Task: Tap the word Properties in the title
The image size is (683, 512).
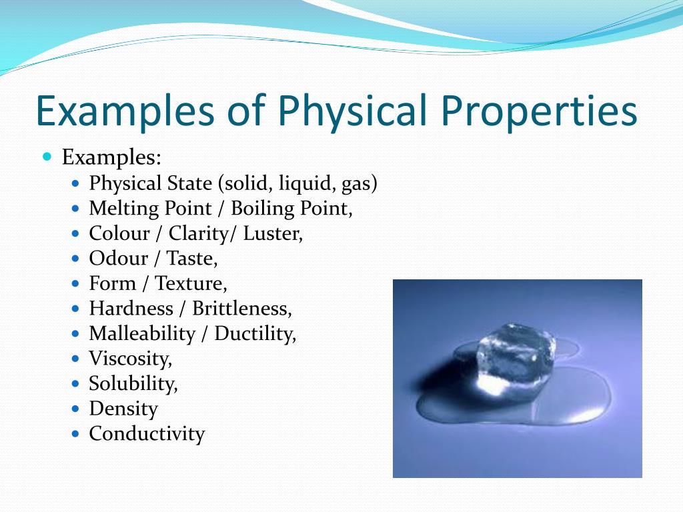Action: tap(539, 111)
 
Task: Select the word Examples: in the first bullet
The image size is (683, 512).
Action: tap(111, 157)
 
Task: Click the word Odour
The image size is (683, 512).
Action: tap(119, 258)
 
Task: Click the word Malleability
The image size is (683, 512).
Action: tap(143, 334)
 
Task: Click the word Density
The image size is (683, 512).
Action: tap(123, 409)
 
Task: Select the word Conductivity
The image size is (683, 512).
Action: tap(147, 434)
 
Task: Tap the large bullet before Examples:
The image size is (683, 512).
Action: tap(47, 156)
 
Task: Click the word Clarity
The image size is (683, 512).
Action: tap(199, 234)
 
